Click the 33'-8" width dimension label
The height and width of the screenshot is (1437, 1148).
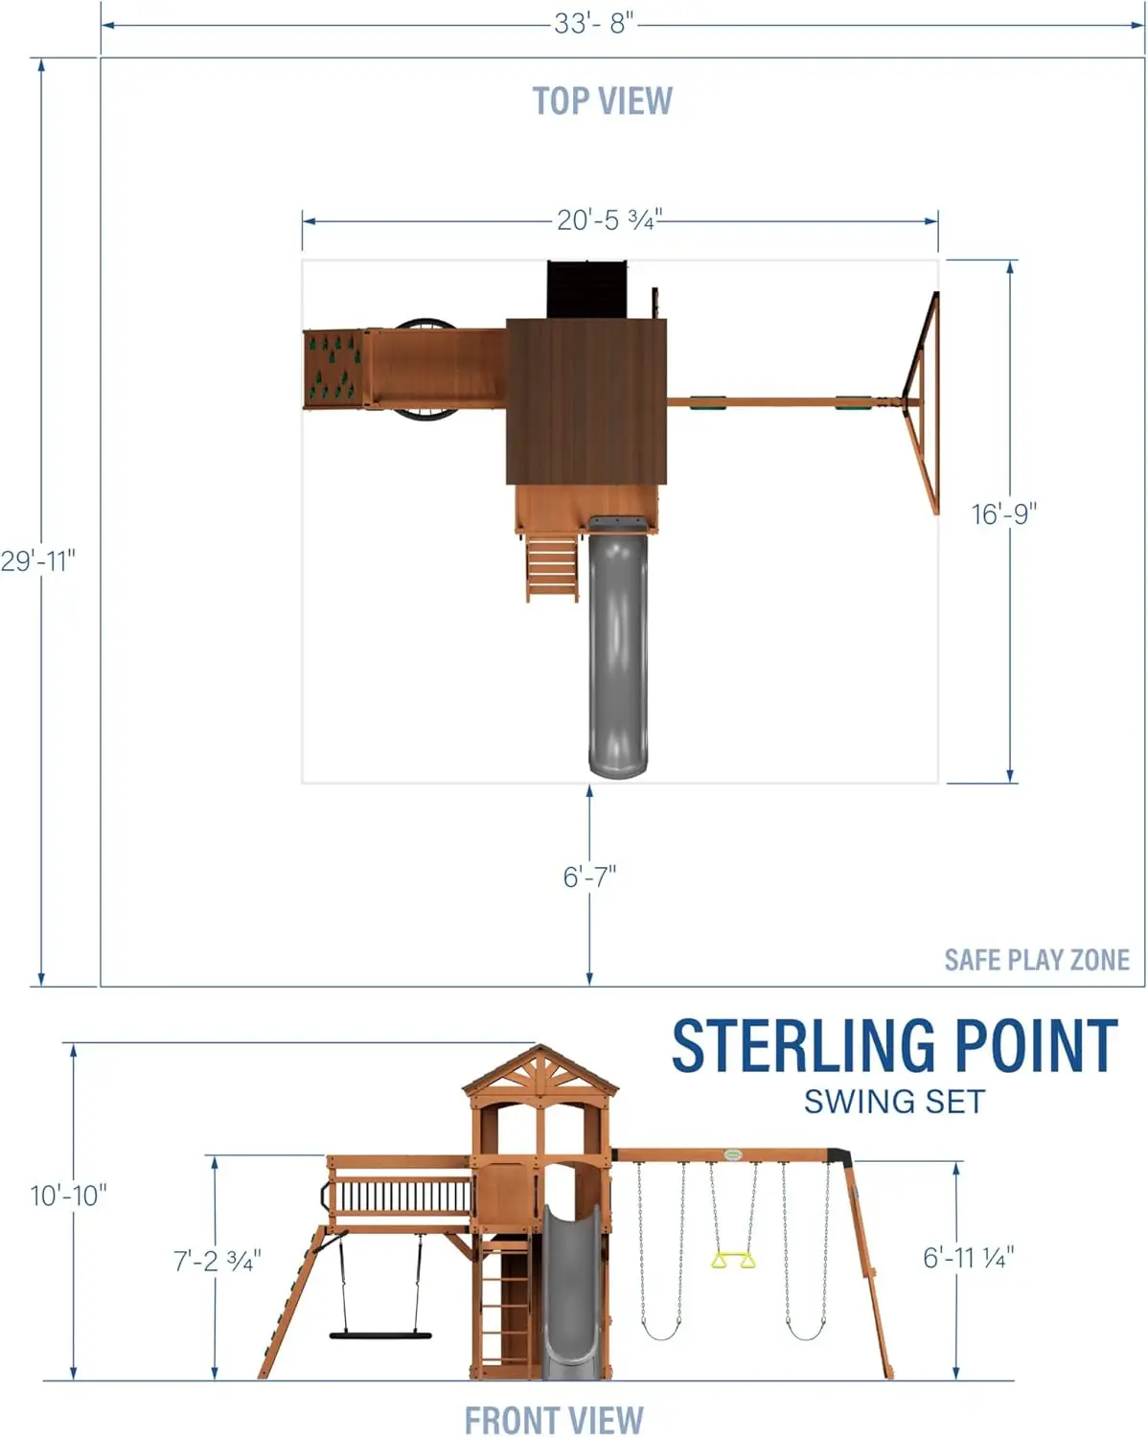tap(593, 23)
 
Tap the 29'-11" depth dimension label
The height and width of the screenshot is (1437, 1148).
tap(37, 560)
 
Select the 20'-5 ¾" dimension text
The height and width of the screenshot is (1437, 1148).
tap(608, 220)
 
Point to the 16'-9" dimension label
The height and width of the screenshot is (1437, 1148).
tap(1003, 514)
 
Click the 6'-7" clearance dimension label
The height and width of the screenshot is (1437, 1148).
tap(589, 876)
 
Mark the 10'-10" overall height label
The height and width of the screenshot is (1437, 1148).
tap(68, 1195)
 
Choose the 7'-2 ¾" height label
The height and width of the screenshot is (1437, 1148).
tap(217, 1261)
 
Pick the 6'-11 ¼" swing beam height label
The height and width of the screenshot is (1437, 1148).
tap(968, 1257)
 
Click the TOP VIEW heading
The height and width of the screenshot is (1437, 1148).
tap(602, 101)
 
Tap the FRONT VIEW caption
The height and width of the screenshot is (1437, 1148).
tap(554, 1419)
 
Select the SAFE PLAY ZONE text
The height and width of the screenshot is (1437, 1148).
tap(1036, 960)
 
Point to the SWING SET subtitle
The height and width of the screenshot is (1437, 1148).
tap(893, 1102)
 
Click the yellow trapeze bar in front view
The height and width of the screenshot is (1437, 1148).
tap(733, 1259)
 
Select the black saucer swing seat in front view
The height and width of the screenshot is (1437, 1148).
tap(380, 1334)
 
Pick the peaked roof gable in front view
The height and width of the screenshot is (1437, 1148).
tap(541, 1071)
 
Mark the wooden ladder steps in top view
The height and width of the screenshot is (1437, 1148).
tap(552, 568)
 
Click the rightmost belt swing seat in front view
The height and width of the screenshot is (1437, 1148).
tap(805, 1334)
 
